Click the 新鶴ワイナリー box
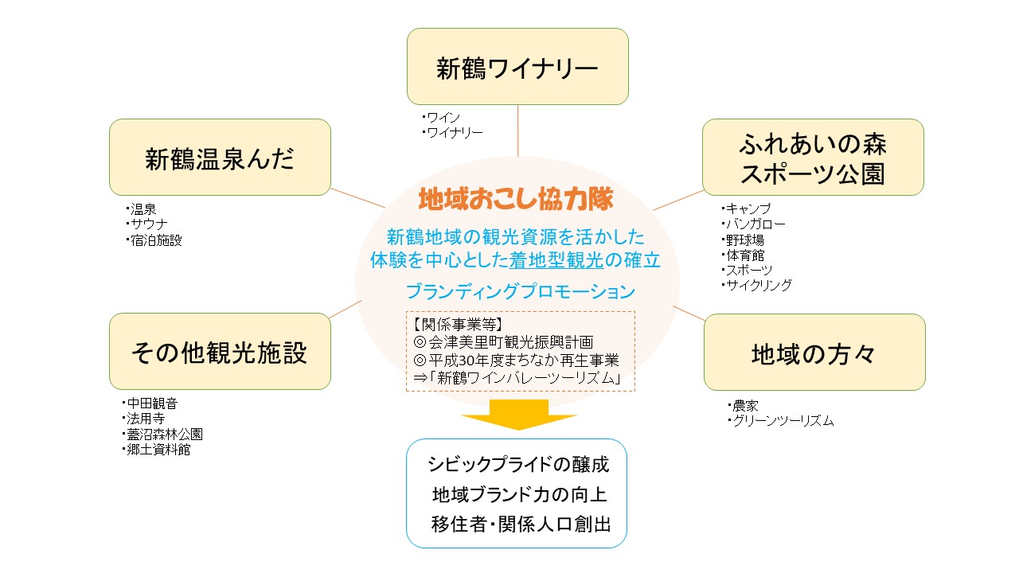[x=517, y=66]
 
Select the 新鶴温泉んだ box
[x=220, y=158]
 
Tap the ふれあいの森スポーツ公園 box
[x=813, y=158]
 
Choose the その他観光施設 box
[x=220, y=351]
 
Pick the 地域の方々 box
[x=814, y=352]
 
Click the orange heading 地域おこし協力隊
[x=516, y=199]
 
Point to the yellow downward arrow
[x=518, y=415]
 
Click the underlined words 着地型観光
[x=556, y=260]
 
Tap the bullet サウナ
[x=146, y=224]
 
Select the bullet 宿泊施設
[x=154, y=240]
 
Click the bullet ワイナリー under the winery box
[x=452, y=133]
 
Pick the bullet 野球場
[x=743, y=240]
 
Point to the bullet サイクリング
[x=756, y=285]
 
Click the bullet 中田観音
[x=150, y=403]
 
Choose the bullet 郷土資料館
[x=156, y=450]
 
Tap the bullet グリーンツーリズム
[x=781, y=421]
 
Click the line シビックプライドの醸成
[x=517, y=464]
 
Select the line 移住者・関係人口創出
[x=521, y=524]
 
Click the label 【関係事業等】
[x=458, y=324]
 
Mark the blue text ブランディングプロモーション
[x=520, y=291]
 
